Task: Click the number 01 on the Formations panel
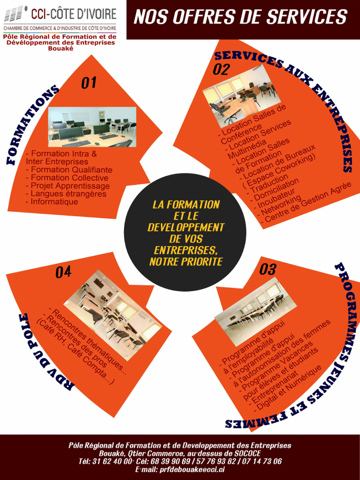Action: (89, 82)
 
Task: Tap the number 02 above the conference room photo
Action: (221, 69)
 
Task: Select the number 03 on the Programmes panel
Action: (268, 269)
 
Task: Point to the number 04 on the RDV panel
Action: (63, 272)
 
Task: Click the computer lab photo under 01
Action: (92, 127)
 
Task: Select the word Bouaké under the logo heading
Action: (61, 48)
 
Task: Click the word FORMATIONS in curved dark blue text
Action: (32, 124)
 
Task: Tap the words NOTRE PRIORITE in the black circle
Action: (186, 262)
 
